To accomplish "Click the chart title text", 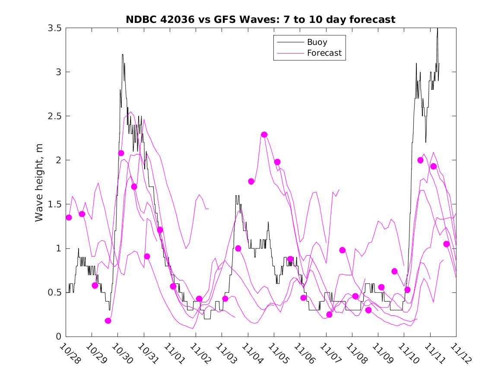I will pos(260,19).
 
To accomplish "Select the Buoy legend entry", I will pos(317,42).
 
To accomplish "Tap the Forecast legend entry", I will pos(324,53).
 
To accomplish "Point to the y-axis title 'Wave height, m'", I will pos(39,182).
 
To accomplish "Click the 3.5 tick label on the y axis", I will pos(54,28).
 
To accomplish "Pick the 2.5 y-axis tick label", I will pos(54,116).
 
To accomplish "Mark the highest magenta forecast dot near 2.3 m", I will pos(264,134).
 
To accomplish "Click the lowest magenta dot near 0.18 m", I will pos(108,321).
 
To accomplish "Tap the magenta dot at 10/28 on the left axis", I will pos(69,217).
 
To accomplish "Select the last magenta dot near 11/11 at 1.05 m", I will pos(447,244).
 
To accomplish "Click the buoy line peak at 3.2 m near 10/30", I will pos(123,54).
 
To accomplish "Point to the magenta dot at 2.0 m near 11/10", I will pos(421,160).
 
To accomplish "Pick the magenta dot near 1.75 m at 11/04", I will pos(251,181).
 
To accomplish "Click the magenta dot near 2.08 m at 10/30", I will pos(121,153).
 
